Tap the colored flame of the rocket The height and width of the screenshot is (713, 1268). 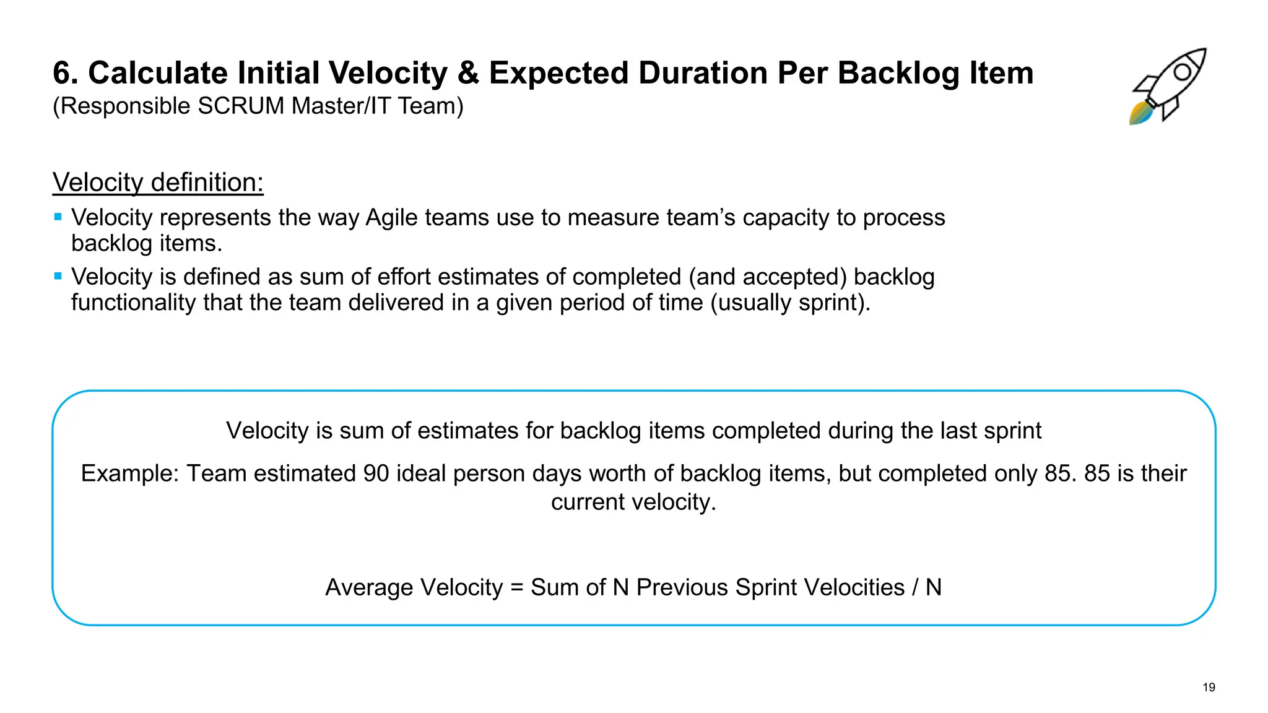pyautogui.click(x=1140, y=114)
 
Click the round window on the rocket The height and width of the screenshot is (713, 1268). pyautogui.click(x=1183, y=72)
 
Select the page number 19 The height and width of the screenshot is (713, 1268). pyautogui.click(x=1209, y=687)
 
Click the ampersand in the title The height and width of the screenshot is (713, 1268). pyautogui.click(x=468, y=73)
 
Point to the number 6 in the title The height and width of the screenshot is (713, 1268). pyautogui.click(x=61, y=73)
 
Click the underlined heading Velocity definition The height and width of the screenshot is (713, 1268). pyautogui.click(x=158, y=183)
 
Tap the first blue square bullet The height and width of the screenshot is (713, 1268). pyautogui.click(x=58, y=217)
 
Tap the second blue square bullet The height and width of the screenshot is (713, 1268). pyautogui.click(x=58, y=276)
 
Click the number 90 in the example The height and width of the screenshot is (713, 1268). pyautogui.click(x=376, y=473)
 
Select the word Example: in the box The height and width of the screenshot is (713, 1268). pyautogui.click(x=130, y=473)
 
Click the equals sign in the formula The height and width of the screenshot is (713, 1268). pyautogui.click(x=517, y=587)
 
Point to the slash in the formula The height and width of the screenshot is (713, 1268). pyautogui.click(x=915, y=587)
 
